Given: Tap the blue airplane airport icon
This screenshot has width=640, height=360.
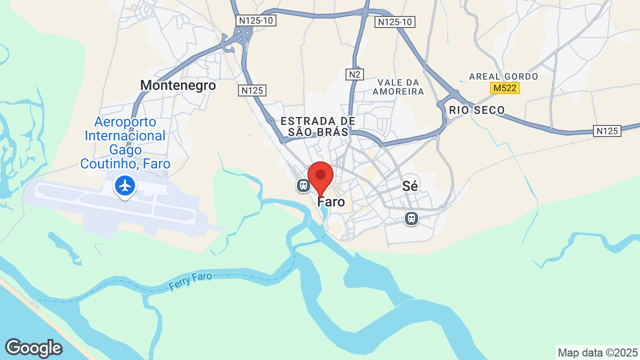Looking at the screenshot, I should click(124, 185).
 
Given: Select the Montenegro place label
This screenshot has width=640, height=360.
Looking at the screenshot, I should click(178, 85).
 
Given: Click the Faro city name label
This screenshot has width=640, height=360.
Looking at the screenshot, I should click(331, 202).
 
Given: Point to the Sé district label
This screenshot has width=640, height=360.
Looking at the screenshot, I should click(410, 186).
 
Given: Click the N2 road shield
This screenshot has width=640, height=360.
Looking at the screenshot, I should click(354, 74).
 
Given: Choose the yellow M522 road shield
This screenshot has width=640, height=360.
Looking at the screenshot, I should click(504, 88).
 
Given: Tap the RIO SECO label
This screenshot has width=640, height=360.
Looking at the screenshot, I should click(476, 110).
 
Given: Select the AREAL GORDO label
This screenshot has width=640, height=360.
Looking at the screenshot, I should click(503, 76).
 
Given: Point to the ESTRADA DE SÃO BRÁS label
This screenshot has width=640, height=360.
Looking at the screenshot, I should click(318, 126).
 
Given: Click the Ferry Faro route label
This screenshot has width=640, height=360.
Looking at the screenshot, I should click(190, 281).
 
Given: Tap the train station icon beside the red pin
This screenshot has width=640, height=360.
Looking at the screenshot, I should click(303, 185).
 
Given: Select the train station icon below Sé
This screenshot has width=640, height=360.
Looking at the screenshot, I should click(411, 218).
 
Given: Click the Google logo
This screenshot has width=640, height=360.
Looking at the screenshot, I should click(33, 348).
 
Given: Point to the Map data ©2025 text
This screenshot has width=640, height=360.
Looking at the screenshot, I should click(598, 352).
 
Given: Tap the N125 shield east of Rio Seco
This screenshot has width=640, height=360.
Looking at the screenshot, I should click(607, 131).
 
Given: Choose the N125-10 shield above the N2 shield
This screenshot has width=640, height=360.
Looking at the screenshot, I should click(395, 22).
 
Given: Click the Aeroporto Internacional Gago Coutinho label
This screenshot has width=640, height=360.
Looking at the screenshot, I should click(125, 142).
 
